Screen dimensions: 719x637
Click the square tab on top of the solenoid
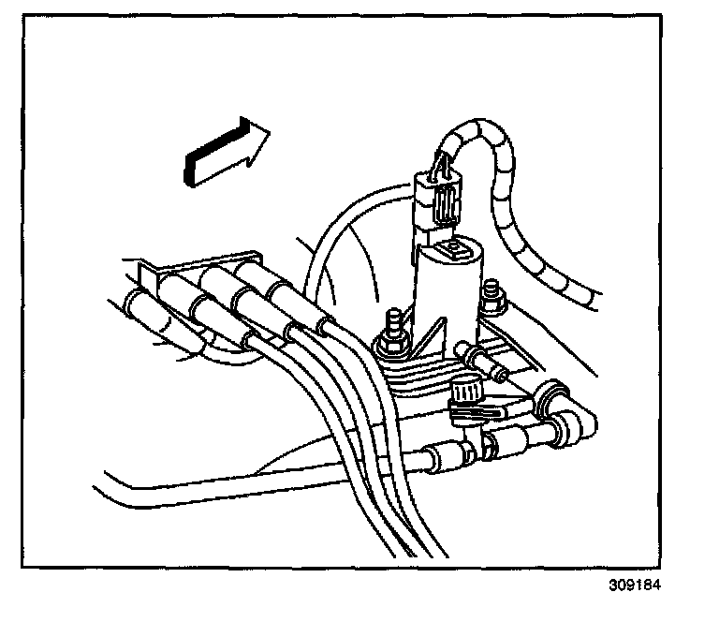(455, 248)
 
